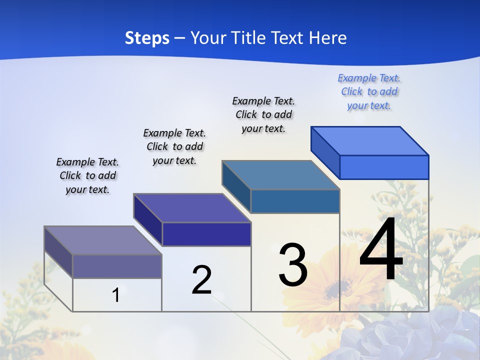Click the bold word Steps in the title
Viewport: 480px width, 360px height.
[147, 38]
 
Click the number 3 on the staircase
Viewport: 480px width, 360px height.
[293, 265]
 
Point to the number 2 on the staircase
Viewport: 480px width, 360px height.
[201, 280]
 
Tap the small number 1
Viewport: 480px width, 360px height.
[116, 295]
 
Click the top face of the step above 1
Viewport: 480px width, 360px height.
[103, 240]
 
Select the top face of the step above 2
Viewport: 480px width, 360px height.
[192, 208]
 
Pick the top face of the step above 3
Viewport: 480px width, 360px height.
[280, 175]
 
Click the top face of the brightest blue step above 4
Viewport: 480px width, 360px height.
[369, 141]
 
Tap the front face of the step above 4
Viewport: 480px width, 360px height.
[384, 167]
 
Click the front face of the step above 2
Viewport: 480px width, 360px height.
[206, 234]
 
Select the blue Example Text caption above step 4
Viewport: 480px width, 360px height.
[369, 92]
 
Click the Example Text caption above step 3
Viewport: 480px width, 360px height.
[263, 114]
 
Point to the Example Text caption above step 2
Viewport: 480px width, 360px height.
[174, 146]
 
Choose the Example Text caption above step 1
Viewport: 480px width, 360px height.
[87, 175]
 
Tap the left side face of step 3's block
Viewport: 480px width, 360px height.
[236, 187]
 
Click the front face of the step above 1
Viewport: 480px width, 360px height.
[117, 266]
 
